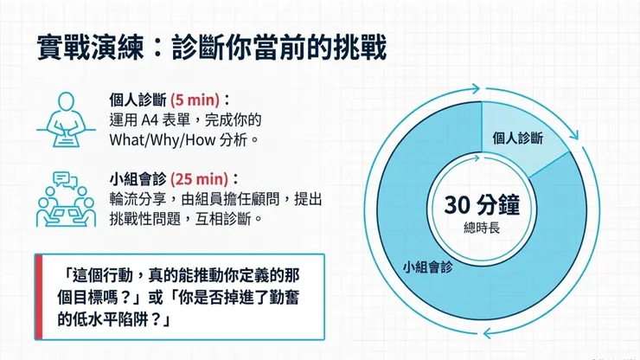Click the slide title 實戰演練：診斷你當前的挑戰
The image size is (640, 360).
(x=211, y=45)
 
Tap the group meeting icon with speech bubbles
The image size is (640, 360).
(x=65, y=200)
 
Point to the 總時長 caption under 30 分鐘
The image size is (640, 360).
(x=481, y=229)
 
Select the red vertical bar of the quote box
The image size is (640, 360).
(x=38, y=296)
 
